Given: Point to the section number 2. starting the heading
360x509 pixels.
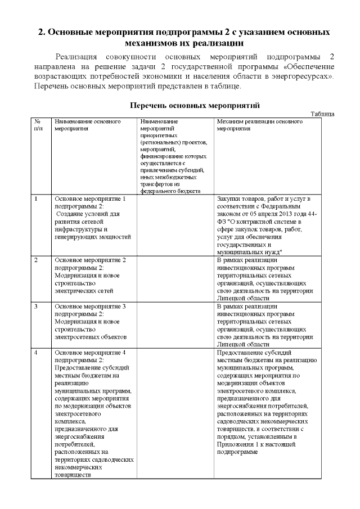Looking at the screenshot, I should coord(41,31).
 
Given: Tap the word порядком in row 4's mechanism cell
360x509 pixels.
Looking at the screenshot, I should coord(231,436).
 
